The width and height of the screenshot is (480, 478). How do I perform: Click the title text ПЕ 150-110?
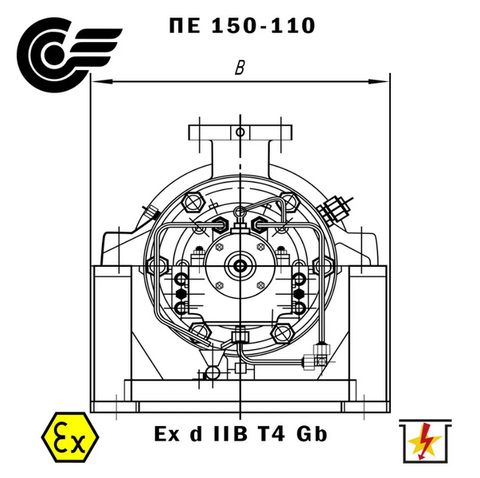click(242, 25)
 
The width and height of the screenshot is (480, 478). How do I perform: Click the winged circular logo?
click(69, 54)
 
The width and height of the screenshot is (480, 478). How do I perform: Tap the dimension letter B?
click(240, 68)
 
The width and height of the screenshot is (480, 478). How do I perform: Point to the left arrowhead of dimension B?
click(102, 81)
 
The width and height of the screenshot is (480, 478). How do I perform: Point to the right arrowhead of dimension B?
click(378, 81)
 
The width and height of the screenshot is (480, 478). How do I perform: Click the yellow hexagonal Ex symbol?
click(70, 437)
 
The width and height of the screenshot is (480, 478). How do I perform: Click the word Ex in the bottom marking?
click(167, 434)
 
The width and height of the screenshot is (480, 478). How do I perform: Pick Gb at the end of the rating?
click(311, 434)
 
